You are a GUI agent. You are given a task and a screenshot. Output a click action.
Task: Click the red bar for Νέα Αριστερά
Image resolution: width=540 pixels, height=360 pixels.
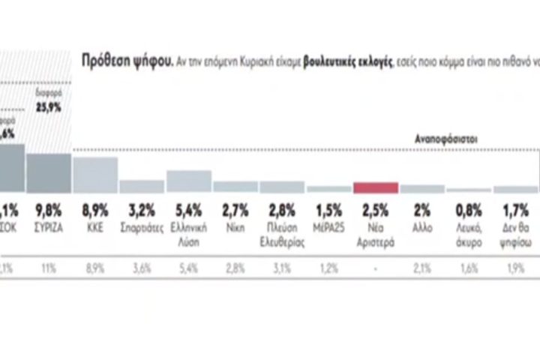[x=376, y=188]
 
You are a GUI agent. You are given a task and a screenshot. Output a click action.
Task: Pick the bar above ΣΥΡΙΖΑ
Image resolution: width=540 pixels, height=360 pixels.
[x=49, y=173]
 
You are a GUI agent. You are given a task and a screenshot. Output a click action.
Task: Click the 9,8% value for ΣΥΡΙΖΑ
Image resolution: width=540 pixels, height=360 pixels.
[x=49, y=208]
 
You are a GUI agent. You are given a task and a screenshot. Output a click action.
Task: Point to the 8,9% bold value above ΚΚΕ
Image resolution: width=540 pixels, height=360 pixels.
[x=95, y=208]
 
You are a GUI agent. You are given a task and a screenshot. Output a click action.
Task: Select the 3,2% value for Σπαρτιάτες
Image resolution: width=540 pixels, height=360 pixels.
[x=142, y=208]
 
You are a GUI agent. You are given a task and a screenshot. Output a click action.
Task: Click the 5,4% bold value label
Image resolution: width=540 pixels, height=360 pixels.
[x=188, y=208]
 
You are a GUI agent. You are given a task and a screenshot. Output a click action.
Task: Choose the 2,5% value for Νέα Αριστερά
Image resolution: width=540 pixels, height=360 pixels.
[x=375, y=208]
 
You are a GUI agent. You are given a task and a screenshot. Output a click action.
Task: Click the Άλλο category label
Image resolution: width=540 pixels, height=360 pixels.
[x=422, y=223]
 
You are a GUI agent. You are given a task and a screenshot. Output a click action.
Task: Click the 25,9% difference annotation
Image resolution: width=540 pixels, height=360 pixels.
[x=49, y=107]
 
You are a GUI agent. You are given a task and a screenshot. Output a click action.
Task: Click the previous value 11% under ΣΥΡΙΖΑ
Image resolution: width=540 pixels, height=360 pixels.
[x=49, y=266]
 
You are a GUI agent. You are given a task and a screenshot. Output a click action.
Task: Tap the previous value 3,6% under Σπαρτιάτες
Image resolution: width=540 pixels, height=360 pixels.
[x=142, y=266]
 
